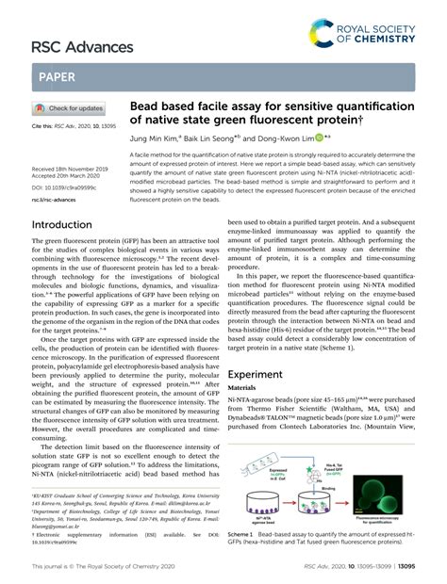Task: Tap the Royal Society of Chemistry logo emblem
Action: (323, 35)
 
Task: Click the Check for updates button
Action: (68, 108)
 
